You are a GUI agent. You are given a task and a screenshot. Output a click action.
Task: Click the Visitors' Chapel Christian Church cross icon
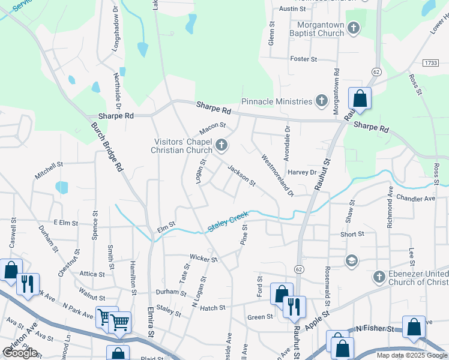(x=222, y=145)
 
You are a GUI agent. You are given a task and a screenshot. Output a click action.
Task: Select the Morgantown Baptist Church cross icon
(x=354, y=28)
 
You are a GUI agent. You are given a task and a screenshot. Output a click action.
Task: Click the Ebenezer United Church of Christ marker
(x=379, y=277)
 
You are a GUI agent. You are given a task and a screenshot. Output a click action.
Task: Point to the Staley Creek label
(x=228, y=221)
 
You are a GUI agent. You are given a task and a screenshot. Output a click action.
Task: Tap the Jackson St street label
(x=241, y=175)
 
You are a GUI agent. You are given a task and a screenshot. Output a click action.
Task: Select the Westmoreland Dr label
(x=277, y=175)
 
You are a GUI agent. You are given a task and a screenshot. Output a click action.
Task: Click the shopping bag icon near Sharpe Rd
(x=360, y=98)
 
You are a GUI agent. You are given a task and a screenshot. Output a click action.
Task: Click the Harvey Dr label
(x=302, y=172)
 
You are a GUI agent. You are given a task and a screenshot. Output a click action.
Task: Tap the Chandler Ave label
(x=415, y=198)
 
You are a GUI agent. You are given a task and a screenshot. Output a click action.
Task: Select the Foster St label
(x=303, y=59)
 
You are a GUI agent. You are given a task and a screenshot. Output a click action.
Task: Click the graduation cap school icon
(x=351, y=260)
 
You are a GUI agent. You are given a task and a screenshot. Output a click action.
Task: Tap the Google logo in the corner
(x=20, y=352)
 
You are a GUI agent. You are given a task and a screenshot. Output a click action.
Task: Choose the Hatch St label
(x=212, y=308)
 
